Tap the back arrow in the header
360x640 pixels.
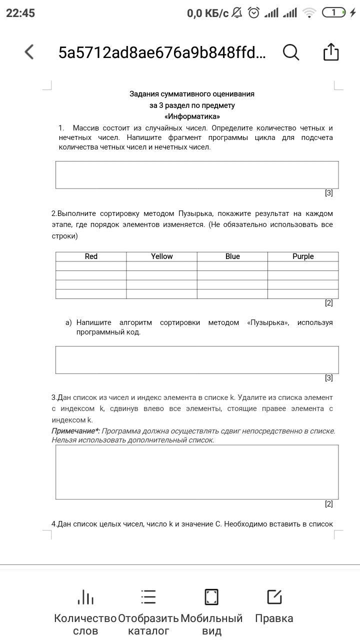[x=29, y=51]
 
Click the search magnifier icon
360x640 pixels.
[x=291, y=51]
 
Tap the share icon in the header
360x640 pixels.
[x=331, y=51]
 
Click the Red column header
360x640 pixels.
[x=91, y=256]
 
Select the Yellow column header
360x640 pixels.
[x=161, y=256]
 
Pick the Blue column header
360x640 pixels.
[x=232, y=256]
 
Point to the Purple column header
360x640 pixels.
[x=303, y=256]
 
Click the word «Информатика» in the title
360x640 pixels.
[x=192, y=116]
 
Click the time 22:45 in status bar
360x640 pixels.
[x=20, y=13]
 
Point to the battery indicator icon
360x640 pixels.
[x=334, y=13]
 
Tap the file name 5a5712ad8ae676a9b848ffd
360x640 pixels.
[x=162, y=52]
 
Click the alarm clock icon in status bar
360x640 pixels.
[x=254, y=13]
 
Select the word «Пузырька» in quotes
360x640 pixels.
[x=268, y=322]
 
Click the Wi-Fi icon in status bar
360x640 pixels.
[x=309, y=13]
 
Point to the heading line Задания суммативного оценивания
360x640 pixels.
[x=192, y=94]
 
